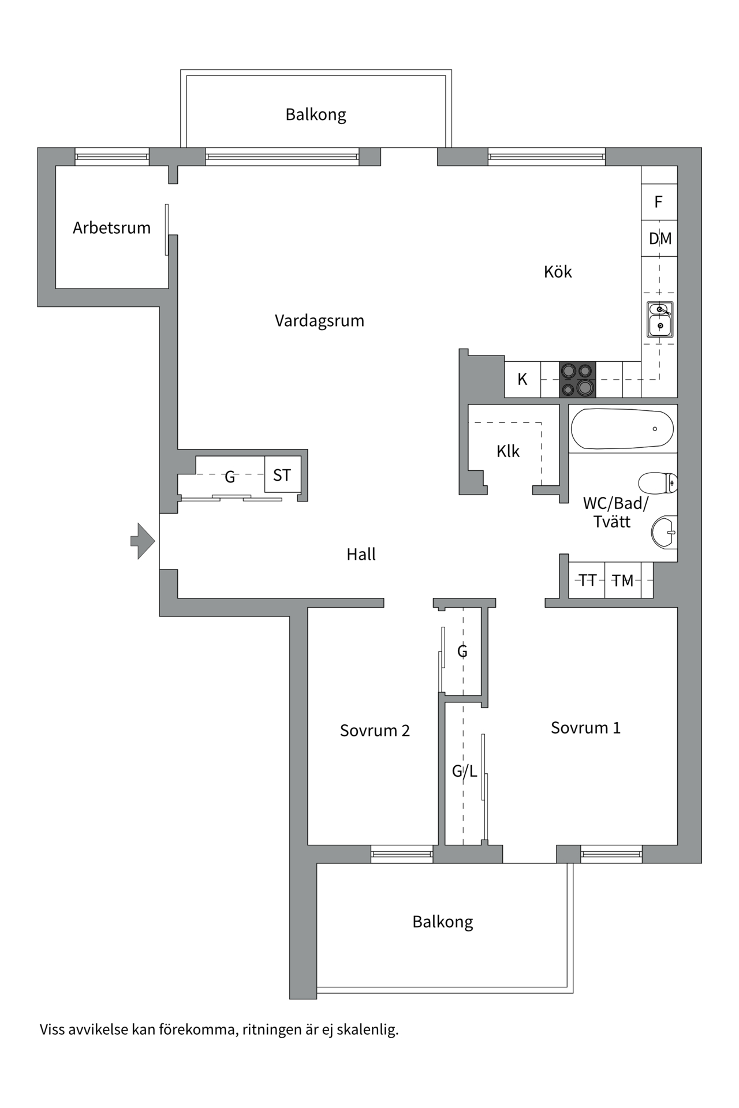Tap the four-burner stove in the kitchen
click(x=577, y=379)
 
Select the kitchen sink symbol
click(x=659, y=319)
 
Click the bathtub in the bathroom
click(x=622, y=429)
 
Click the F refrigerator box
click(x=658, y=202)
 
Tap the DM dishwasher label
click(x=660, y=238)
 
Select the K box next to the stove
click(x=522, y=379)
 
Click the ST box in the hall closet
click(x=282, y=475)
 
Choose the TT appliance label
click(x=587, y=580)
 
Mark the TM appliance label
click(x=622, y=581)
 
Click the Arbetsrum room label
click(x=111, y=228)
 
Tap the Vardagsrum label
click(x=319, y=321)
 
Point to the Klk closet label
click(x=508, y=451)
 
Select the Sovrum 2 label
click(x=375, y=731)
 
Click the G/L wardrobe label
click(x=464, y=771)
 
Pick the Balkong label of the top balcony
click(x=316, y=114)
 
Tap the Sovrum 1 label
click(x=585, y=728)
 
